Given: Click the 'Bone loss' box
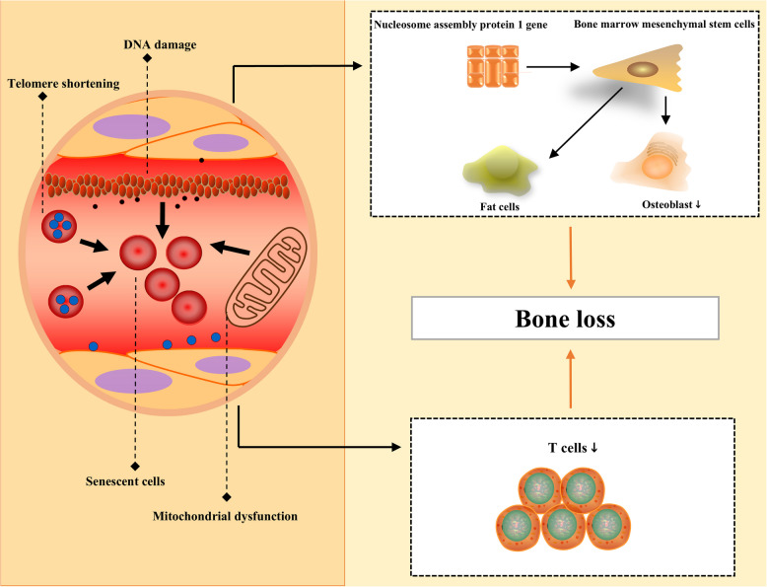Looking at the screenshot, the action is [565, 319].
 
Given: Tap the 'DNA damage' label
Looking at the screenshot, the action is [160, 44].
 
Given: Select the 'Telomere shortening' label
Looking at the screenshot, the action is [64, 84].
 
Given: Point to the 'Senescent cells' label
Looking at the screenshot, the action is [125, 481].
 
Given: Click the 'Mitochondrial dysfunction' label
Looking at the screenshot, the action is [225, 516].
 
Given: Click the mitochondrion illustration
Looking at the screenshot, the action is [266, 277].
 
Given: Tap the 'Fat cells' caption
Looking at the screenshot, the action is [500, 206].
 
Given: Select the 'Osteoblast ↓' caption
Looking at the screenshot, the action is [671, 204].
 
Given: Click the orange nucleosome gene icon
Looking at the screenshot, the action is [493, 66].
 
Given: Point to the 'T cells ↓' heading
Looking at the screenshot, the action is [573, 448].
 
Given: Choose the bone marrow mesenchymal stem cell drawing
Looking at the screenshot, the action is [639, 68].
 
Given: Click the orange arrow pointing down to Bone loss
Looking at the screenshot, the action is [571, 257].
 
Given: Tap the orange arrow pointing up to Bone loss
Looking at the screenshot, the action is [571, 378].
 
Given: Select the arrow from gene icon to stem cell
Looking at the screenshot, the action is [553, 67].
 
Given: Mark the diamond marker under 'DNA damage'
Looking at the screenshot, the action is [147, 58].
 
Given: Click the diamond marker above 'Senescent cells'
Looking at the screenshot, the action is [135, 466].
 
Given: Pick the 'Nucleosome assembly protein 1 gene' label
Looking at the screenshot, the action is [460, 25].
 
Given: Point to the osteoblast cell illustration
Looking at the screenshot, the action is [651, 162].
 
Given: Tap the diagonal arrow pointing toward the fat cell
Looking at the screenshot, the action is [586, 123].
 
